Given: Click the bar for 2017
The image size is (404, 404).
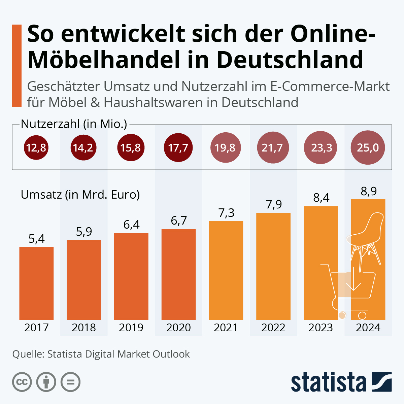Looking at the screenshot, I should [36, 283].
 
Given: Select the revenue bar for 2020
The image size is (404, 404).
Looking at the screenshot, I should [178, 274].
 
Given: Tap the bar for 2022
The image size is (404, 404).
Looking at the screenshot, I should [273, 266].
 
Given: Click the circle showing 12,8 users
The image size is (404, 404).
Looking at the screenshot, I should [36, 147].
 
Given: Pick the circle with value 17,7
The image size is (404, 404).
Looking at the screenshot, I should [178, 147].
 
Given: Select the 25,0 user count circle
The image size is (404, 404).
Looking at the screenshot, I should [368, 147].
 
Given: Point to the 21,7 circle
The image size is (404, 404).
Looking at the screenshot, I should [273, 147].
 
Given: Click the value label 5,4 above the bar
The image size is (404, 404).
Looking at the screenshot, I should [36, 239].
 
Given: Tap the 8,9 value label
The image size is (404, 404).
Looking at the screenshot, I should [368, 191].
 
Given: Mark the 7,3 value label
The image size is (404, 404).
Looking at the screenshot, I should [226, 213].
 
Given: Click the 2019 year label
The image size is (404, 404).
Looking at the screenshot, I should [131, 327].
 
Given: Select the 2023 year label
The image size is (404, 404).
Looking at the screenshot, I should [321, 327].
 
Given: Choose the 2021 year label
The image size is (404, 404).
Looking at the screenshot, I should [226, 327].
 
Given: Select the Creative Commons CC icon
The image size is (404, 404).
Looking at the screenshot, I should [22, 382].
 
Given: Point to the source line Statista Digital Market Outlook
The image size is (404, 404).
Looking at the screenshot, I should [101, 354].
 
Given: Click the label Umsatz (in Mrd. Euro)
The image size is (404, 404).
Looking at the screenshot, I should [80, 195].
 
